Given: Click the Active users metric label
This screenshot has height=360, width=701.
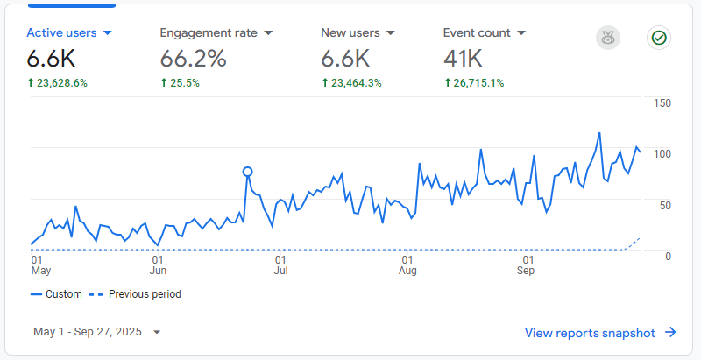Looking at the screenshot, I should (61, 33).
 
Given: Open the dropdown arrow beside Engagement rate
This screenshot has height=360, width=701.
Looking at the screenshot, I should (268, 33).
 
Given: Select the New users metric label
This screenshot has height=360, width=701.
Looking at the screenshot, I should (350, 33).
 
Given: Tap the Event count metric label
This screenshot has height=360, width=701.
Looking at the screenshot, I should (477, 33).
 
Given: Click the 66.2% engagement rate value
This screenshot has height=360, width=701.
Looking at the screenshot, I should (193, 60).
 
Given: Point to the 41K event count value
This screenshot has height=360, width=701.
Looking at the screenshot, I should (464, 60).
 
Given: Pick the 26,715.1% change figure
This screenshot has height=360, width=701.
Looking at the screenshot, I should (478, 83).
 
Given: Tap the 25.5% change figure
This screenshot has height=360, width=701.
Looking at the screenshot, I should (184, 83).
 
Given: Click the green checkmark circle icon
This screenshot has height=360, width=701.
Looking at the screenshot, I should (658, 38).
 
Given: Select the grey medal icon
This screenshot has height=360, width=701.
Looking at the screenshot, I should (607, 38).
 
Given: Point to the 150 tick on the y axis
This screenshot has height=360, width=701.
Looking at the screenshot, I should (662, 103).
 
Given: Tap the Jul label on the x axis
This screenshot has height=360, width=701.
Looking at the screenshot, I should (281, 271).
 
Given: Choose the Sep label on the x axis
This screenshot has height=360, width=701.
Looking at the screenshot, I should (526, 271).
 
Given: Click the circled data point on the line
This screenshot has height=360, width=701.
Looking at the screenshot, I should (247, 173).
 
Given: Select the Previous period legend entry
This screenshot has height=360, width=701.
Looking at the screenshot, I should (140, 294).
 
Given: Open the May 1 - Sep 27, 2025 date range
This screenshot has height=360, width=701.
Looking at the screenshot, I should (97, 332).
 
